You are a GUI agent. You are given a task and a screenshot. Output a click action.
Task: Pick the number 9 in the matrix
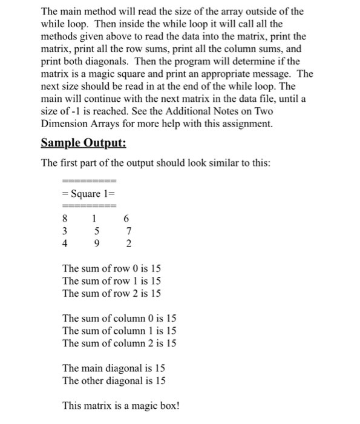[x=94, y=245]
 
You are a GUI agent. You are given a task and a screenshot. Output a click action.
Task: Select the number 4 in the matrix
[x=65, y=245]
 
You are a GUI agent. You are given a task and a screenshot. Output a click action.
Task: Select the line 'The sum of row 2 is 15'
[x=112, y=293]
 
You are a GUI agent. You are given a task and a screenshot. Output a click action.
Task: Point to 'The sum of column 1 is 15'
[x=119, y=330]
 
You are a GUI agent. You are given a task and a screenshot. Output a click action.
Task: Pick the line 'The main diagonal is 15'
[x=114, y=368]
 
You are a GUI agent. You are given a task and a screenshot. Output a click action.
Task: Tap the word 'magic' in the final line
[x=139, y=406]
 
